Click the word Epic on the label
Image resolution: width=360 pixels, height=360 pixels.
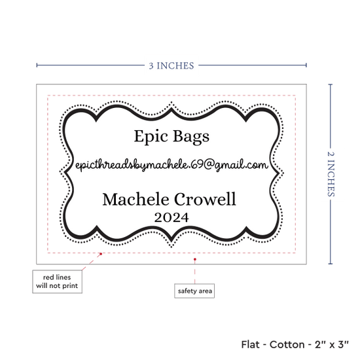point(151,137)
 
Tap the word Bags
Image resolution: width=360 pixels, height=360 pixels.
point(191,137)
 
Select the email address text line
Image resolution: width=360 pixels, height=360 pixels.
point(171,165)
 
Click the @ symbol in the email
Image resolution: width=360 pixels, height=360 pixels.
point(209,164)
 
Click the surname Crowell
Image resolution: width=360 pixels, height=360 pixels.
point(205,199)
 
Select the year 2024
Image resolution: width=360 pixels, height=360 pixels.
point(171,217)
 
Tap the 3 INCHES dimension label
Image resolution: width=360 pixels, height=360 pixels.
point(171,65)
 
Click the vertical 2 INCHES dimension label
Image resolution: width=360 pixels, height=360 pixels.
point(331,174)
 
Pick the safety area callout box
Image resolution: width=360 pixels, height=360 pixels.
point(194,291)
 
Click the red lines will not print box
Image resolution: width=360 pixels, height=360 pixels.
point(57,281)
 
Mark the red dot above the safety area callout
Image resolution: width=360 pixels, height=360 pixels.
point(195,259)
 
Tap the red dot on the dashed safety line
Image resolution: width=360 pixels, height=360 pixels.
point(101,254)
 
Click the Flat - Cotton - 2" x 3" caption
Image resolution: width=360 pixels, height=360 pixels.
point(295,344)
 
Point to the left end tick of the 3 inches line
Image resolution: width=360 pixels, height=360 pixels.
point(37,65)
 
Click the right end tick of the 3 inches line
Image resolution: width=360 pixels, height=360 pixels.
point(306,65)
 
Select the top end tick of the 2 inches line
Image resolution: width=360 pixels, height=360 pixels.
point(331,84)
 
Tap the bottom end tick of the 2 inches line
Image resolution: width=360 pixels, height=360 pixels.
point(331,264)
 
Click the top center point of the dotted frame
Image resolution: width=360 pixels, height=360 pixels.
point(171,102)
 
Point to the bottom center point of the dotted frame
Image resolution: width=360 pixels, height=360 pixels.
point(171,247)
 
